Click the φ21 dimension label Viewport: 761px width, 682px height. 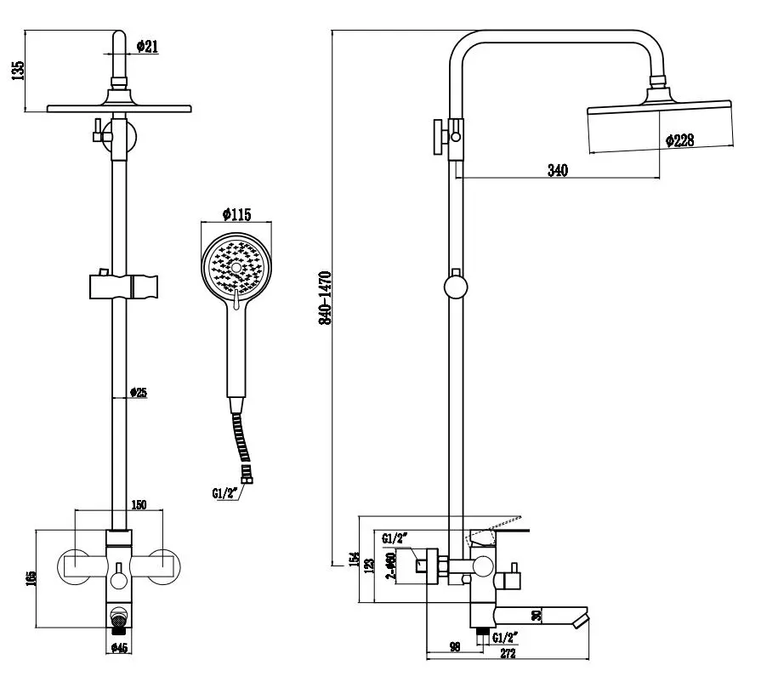click(147, 47)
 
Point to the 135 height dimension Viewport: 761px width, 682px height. click(18, 71)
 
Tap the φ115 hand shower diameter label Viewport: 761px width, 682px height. click(236, 214)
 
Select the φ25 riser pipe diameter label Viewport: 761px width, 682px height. click(139, 392)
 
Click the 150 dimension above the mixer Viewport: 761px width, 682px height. click(139, 505)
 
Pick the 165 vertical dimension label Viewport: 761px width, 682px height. click(31, 578)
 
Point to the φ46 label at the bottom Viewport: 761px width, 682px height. click(119, 647)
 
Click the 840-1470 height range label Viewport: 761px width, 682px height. click(325, 298)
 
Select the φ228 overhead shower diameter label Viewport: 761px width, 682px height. click(679, 140)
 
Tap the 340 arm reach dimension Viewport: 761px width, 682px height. click(558, 170)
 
